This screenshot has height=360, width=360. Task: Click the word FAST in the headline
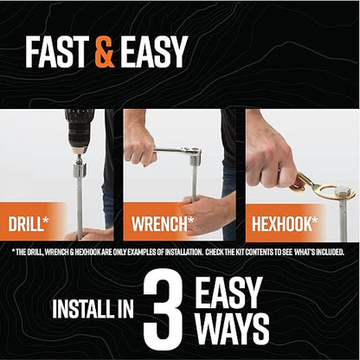click(57, 52)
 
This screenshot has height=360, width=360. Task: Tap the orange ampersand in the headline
click(105, 52)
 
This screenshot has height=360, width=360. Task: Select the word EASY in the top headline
click(154, 52)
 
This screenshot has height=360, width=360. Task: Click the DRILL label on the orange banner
click(29, 224)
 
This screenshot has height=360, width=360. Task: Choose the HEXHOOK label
click(285, 224)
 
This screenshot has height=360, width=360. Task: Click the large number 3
click(164, 311)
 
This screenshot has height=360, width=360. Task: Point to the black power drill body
click(79, 129)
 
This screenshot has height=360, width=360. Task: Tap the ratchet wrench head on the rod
click(195, 156)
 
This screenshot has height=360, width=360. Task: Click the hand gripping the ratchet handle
click(139, 146)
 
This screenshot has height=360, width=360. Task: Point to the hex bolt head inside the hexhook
click(344, 192)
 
